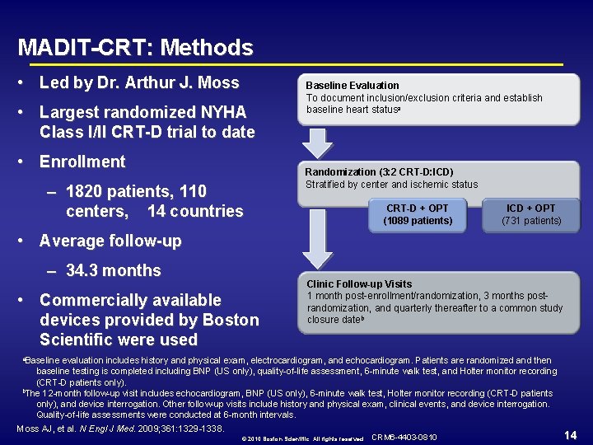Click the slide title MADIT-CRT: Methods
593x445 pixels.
[x=135, y=48]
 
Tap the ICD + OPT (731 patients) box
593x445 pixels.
[x=531, y=214]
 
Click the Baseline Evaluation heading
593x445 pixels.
[x=353, y=85]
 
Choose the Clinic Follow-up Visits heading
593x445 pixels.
[x=359, y=283]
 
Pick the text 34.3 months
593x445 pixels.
[x=114, y=270]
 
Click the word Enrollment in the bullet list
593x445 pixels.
[x=82, y=162]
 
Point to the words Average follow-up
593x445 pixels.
[x=110, y=241]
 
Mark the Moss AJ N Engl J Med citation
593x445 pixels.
[x=120, y=429]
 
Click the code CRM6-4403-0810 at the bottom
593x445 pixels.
[x=404, y=436]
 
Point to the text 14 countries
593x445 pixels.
[x=195, y=211]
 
